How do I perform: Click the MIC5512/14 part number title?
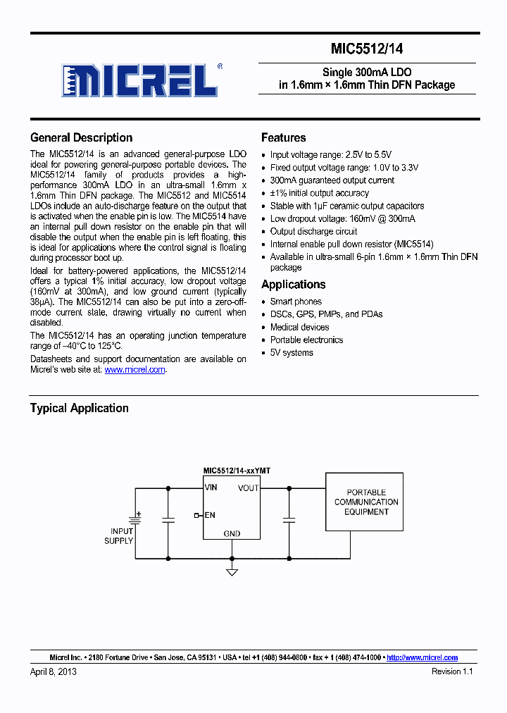click(367, 49)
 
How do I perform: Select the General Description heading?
click(81, 137)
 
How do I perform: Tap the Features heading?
click(283, 137)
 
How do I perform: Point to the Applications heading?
click(293, 285)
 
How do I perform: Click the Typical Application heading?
click(79, 408)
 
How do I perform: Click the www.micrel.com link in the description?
click(134, 369)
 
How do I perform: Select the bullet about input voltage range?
click(330, 155)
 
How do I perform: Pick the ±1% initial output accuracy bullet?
click(319, 193)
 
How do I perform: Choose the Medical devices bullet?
click(299, 327)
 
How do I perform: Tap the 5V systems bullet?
click(292, 352)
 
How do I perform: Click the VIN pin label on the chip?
click(211, 487)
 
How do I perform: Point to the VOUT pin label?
click(248, 488)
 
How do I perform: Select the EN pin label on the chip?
click(210, 515)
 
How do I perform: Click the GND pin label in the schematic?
click(232, 533)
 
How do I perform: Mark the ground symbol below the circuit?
click(232, 571)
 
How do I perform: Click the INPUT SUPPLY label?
click(120, 535)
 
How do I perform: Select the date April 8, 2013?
click(54, 671)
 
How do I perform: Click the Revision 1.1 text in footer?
click(451, 671)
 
